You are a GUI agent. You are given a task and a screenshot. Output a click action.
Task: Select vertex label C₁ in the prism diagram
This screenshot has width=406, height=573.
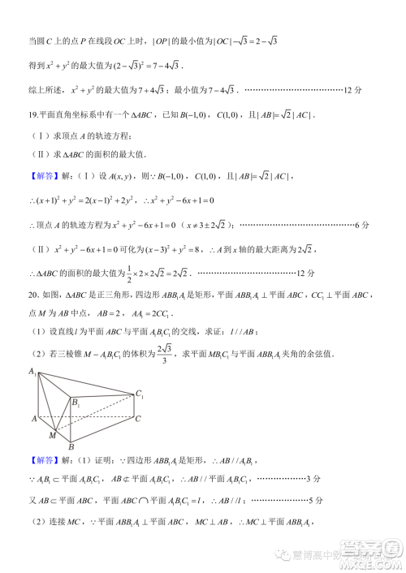click(140, 394)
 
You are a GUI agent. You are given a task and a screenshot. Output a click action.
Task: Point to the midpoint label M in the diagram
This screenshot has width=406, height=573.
click(52, 436)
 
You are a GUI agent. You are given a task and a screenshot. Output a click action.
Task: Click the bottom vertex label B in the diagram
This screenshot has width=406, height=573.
click(71, 446)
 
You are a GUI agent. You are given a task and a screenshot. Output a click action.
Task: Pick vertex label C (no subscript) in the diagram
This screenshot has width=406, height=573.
click(139, 419)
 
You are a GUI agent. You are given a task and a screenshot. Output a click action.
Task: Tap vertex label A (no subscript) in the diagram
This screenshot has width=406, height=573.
click(32, 419)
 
